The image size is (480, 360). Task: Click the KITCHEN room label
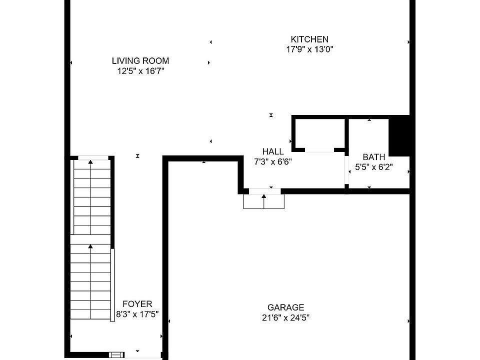click(309, 39)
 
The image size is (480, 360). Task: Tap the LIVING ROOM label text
click(140, 60)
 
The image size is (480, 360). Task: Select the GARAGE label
click(285, 307)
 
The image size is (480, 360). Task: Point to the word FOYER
click(137, 304)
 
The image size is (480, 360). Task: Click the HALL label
click(273, 151)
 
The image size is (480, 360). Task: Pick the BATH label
click(374, 157)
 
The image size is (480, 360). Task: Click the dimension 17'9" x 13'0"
click(309, 49)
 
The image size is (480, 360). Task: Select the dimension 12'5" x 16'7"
click(140, 71)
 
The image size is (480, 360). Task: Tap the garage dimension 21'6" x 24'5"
click(285, 318)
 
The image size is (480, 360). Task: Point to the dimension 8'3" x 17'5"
click(137, 314)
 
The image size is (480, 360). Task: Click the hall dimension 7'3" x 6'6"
click(273, 161)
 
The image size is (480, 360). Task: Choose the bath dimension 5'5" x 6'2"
click(374, 167)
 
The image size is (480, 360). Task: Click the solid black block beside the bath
click(399, 135)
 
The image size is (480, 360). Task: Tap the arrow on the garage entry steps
click(264, 201)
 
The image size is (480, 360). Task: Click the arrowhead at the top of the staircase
click(90, 162)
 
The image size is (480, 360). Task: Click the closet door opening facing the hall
click(319, 150)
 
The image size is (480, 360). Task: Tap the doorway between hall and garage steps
click(265, 191)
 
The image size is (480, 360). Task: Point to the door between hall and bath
click(346, 170)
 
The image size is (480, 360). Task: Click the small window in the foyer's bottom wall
click(116, 355)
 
